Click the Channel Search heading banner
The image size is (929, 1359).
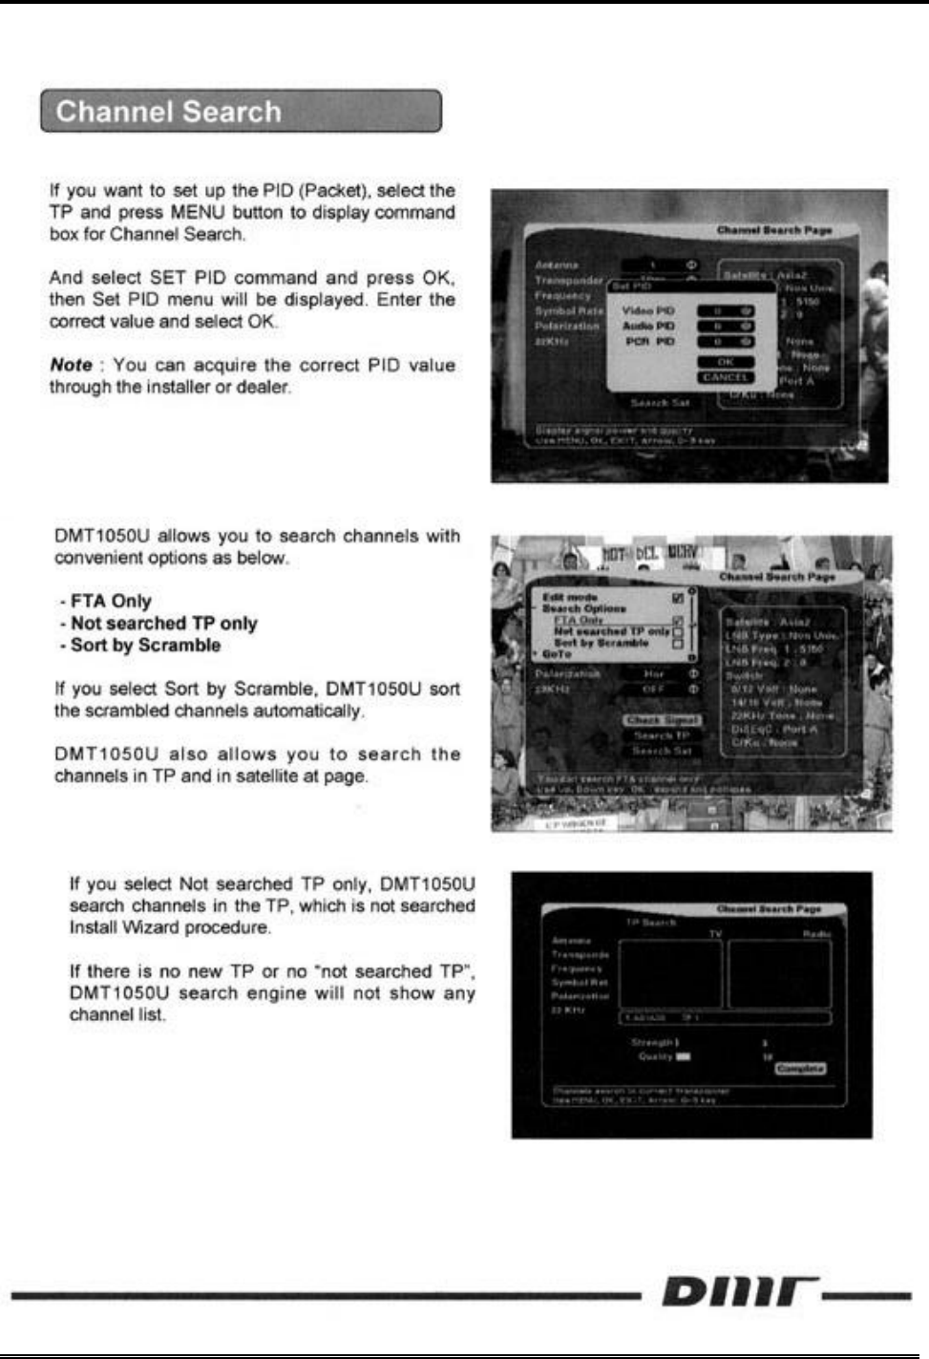(x=241, y=112)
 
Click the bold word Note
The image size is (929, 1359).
(x=71, y=365)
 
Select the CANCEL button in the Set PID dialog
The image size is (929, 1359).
(x=726, y=377)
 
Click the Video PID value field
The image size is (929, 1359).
(x=726, y=311)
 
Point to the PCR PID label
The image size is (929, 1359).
(x=649, y=341)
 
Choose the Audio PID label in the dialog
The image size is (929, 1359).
(x=649, y=326)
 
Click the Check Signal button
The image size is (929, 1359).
(x=663, y=720)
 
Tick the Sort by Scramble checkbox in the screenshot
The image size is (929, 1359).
(x=678, y=644)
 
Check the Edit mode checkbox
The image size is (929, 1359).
(x=678, y=598)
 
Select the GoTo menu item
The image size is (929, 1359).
(x=557, y=655)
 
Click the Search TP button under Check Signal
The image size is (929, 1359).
(x=662, y=735)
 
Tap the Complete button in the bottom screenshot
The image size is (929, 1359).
(x=800, y=1069)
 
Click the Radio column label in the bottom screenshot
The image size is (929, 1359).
(x=816, y=934)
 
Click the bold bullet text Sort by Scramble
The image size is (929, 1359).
(x=145, y=646)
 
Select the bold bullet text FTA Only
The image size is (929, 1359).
(x=111, y=602)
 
